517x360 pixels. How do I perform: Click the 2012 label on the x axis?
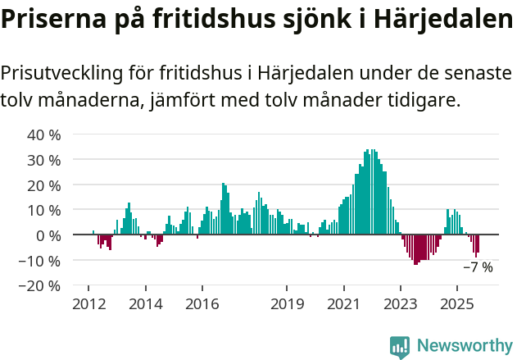pos(88,304)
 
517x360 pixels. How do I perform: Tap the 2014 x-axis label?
pos(146,304)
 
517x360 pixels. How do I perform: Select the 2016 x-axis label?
pos(202,304)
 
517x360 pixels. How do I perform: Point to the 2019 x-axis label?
pos(287,304)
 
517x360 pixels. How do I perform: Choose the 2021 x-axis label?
pos(343,304)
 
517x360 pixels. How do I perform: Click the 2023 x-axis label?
pos(401,304)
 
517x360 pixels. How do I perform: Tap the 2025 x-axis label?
pos(457,304)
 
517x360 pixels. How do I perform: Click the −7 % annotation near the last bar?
pos(478,267)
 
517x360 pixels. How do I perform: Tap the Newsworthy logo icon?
pos(400,347)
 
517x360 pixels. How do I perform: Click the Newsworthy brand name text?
pos(465,347)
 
